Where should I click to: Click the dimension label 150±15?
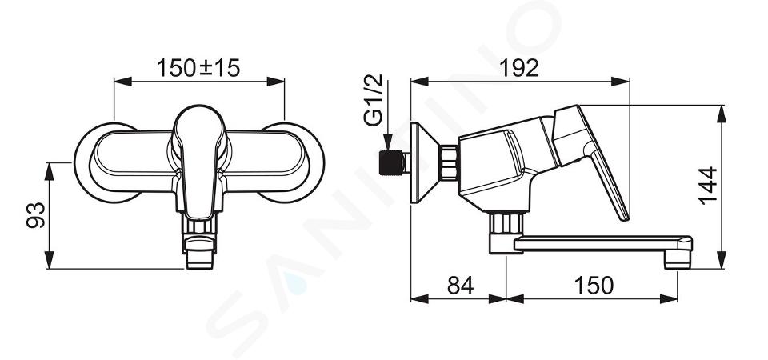[x=198, y=67]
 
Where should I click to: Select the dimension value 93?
[x=36, y=214]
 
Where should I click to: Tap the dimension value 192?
[x=518, y=67]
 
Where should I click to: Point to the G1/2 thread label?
[x=374, y=101]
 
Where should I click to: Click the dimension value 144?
[x=707, y=186]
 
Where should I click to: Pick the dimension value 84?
[x=461, y=285]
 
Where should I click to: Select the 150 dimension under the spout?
[x=593, y=285]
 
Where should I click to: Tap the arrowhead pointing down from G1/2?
[x=387, y=142]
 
